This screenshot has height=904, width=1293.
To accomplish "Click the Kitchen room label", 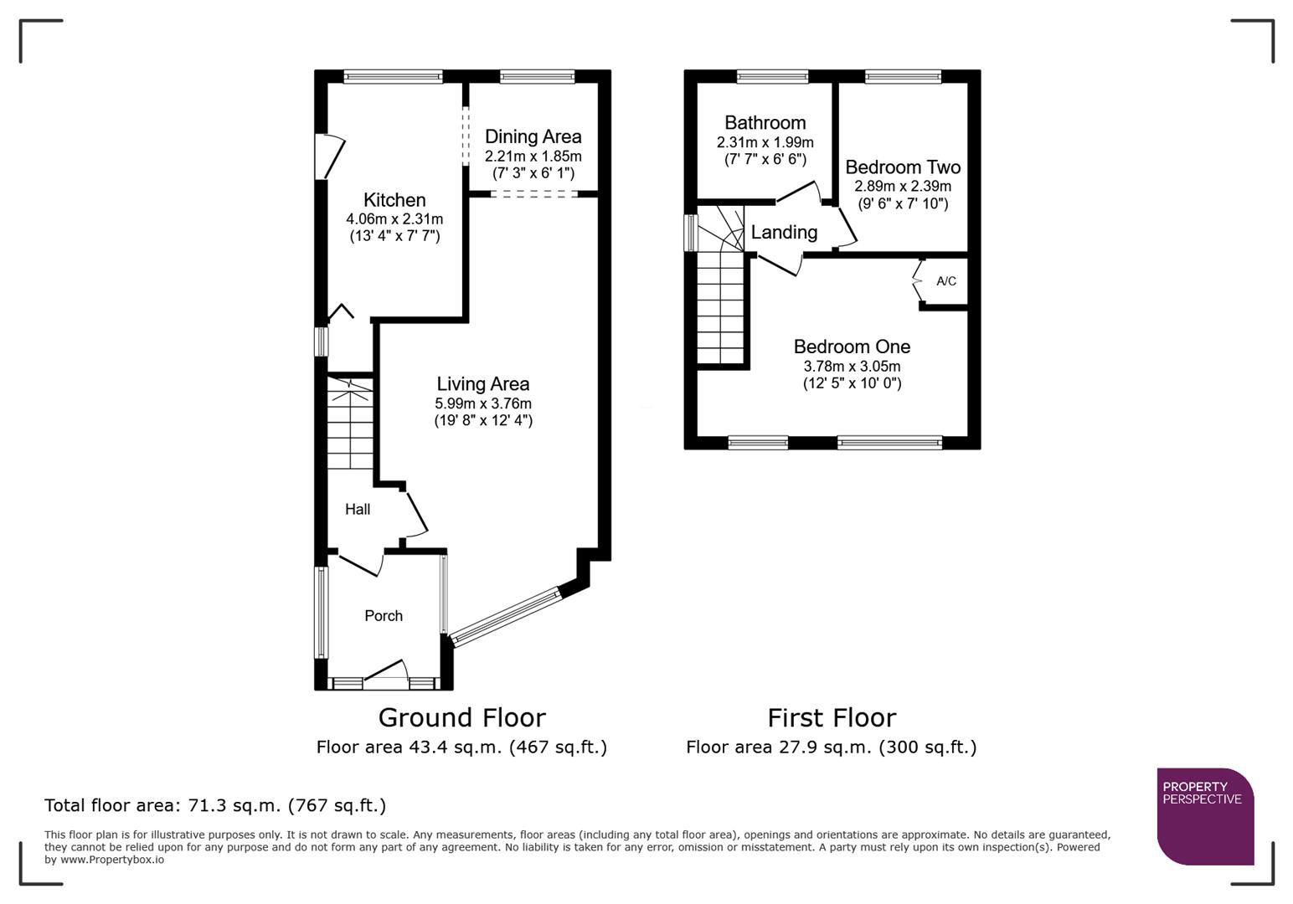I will pyautogui.click(x=394, y=200).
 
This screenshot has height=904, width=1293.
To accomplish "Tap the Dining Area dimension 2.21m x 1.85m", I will pyautogui.click(x=533, y=157).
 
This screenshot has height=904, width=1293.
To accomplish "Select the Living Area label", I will pyautogui.click(x=482, y=384).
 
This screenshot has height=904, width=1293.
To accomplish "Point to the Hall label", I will pyautogui.click(x=358, y=509).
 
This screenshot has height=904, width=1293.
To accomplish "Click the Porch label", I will pyautogui.click(x=384, y=616).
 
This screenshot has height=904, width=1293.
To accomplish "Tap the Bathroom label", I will pyautogui.click(x=765, y=123).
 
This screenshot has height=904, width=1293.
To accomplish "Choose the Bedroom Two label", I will pyautogui.click(x=902, y=167).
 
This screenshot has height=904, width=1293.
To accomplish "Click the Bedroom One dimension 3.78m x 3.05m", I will pyautogui.click(x=852, y=367).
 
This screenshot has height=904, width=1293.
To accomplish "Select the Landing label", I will pyautogui.click(x=784, y=233).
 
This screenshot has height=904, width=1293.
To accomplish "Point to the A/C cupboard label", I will pyautogui.click(x=945, y=281).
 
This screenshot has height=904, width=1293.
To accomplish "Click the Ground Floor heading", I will pyautogui.click(x=461, y=717).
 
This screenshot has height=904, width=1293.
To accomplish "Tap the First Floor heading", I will pyautogui.click(x=831, y=717).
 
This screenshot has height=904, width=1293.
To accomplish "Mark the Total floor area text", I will pyautogui.click(x=215, y=805).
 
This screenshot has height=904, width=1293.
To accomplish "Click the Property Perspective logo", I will pyautogui.click(x=1204, y=816).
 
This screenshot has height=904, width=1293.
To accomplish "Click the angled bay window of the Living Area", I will pyautogui.click(x=505, y=617).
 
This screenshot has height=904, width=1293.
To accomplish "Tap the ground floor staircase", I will pyautogui.click(x=349, y=427).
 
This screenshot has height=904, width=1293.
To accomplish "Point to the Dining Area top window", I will pyautogui.click(x=538, y=77).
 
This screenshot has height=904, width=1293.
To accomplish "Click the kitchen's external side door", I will pyautogui.click(x=328, y=157).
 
